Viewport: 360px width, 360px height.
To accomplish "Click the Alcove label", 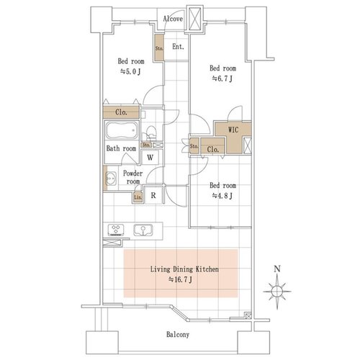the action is [x=173, y=19].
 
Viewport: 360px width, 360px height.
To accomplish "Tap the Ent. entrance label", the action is [x=178, y=47].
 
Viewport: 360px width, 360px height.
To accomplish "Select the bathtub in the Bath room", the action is [x=122, y=130].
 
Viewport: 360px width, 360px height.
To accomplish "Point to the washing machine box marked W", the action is [x=150, y=157].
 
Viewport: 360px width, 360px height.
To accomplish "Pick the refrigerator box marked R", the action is [x=153, y=195].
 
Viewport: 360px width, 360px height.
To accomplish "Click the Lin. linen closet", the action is [x=138, y=197].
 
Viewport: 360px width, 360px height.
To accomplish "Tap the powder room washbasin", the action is [x=111, y=179].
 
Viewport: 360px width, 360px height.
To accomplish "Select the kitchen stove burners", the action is [x=116, y=230].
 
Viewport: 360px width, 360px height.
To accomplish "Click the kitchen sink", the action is [x=143, y=230].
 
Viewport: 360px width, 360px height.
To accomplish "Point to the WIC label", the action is [x=233, y=130].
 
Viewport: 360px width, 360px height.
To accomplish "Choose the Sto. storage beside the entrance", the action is [x=159, y=48].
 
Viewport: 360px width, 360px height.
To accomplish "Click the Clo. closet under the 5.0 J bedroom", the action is [x=121, y=112].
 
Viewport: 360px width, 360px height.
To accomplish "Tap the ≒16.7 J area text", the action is [x=180, y=279].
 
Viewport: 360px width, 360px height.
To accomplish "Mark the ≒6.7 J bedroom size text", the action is [x=222, y=78].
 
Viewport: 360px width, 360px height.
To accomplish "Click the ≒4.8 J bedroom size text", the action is [x=222, y=196].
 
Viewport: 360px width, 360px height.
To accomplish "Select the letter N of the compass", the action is [x=277, y=269].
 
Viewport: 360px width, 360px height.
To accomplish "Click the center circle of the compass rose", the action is [x=277, y=292].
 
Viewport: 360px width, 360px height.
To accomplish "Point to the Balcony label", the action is [x=178, y=335].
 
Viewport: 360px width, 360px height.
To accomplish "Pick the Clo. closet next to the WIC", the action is [x=212, y=146].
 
